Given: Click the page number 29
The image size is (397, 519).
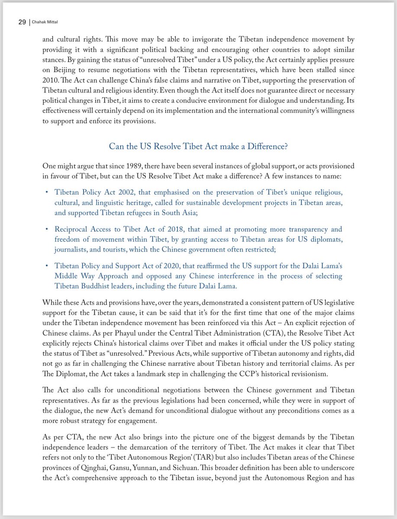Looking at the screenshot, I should [22, 23].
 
